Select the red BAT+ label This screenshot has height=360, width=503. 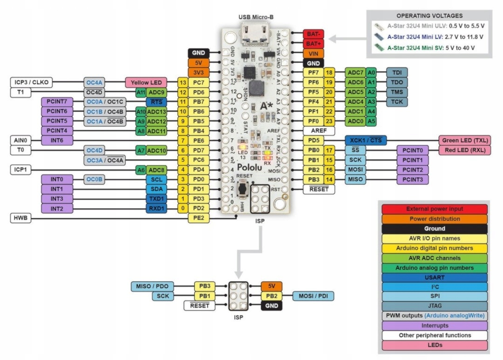point(313,43)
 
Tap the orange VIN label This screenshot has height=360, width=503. point(313,53)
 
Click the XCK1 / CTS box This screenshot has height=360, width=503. point(365,140)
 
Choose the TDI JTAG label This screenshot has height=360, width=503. point(397,72)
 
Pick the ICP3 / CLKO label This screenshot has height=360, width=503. point(30,82)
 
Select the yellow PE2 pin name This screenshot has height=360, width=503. point(197,218)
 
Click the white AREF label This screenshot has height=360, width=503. point(319,131)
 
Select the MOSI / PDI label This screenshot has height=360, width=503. point(313,296)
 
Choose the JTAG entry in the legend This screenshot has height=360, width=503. point(434,306)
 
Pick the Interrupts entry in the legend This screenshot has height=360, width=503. point(434,326)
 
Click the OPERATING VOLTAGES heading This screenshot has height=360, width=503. point(429,16)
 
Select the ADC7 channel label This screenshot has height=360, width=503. point(355,72)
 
